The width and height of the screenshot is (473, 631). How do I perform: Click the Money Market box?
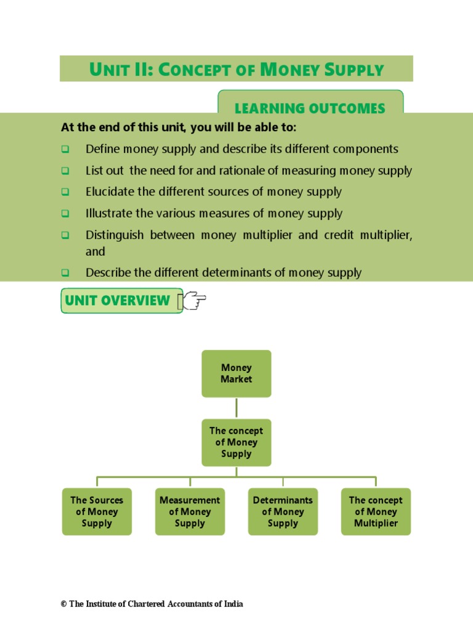(x=236, y=373)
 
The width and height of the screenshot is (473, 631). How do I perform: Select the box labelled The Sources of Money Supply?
(x=97, y=511)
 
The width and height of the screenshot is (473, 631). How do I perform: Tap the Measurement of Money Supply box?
(x=190, y=511)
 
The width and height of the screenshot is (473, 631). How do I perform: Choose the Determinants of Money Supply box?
(x=283, y=511)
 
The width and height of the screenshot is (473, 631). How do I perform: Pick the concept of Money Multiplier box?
(x=376, y=511)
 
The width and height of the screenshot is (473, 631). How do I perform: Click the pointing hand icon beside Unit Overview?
(x=192, y=301)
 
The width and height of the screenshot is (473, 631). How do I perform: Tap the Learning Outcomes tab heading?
(x=310, y=108)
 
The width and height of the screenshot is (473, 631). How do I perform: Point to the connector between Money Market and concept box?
(x=236, y=408)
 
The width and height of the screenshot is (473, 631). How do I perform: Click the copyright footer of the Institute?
(x=152, y=604)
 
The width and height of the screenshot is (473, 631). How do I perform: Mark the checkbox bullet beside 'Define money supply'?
(x=65, y=150)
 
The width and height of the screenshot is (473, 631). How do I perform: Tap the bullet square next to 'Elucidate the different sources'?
(x=65, y=192)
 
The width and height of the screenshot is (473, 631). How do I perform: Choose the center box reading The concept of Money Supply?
(x=236, y=442)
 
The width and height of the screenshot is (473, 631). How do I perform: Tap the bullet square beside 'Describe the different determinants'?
(x=65, y=273)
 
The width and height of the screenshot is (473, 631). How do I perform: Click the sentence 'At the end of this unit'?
(x=179, y=128)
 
